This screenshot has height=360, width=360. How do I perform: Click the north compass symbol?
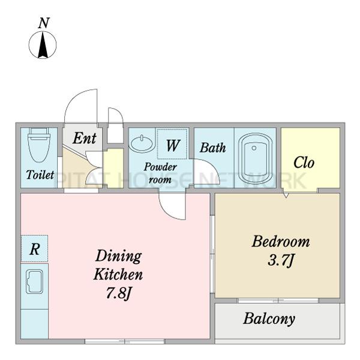(43, 44)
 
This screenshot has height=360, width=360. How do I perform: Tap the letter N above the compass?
(44, 23)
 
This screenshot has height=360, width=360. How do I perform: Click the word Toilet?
(40, 175)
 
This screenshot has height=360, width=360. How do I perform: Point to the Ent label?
(85, 138)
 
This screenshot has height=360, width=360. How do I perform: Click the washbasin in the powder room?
(142, 143)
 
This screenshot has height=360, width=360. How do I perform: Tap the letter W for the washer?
(173, 145)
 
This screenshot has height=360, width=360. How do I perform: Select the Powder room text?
(160, 173)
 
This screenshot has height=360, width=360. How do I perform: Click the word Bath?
(213, 148)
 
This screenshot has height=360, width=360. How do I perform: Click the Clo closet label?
(304, 163)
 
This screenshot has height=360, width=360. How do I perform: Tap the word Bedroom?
(281, 242)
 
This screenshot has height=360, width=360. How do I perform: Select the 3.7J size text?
(280, 261)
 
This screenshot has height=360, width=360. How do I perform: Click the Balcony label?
(269, 319)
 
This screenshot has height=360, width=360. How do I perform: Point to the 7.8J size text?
(118, 293)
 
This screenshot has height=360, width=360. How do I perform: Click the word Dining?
(118, 256)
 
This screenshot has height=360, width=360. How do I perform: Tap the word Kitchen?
(118, 274)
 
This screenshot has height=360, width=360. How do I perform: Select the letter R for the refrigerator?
(35, 249)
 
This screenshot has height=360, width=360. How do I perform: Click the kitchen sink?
(34, 281)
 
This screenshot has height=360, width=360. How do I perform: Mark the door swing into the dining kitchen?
(173, 206)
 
